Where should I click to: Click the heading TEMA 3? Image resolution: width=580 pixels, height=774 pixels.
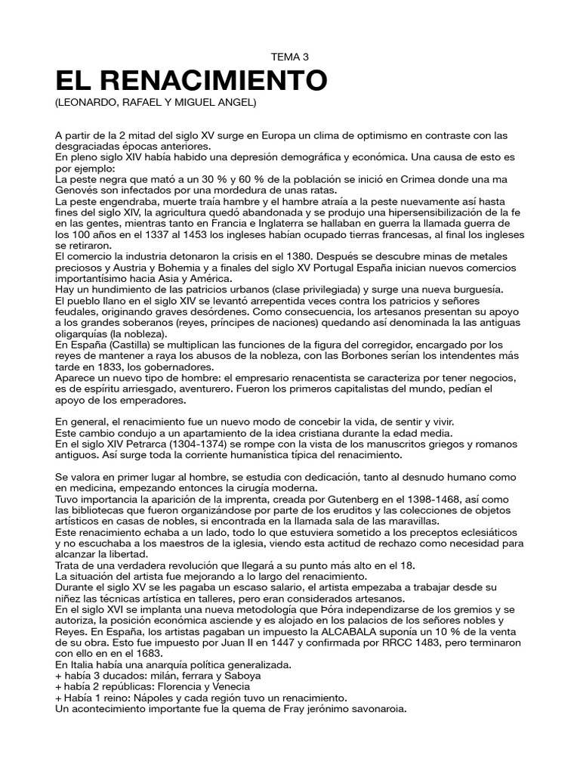click(290, 57)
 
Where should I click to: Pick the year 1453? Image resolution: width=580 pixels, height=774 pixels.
click(195, 235)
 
